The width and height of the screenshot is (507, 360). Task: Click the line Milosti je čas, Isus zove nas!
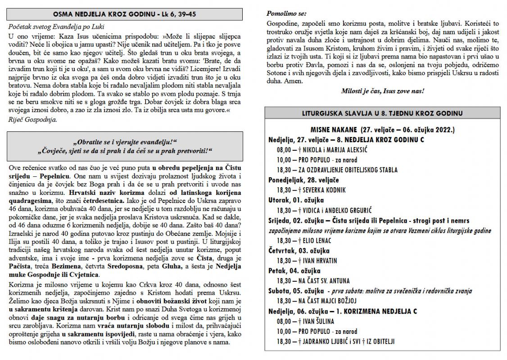(383, 90)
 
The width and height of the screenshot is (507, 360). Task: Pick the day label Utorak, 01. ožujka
(296, 200)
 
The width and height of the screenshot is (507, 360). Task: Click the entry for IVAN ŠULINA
(313, 321)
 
